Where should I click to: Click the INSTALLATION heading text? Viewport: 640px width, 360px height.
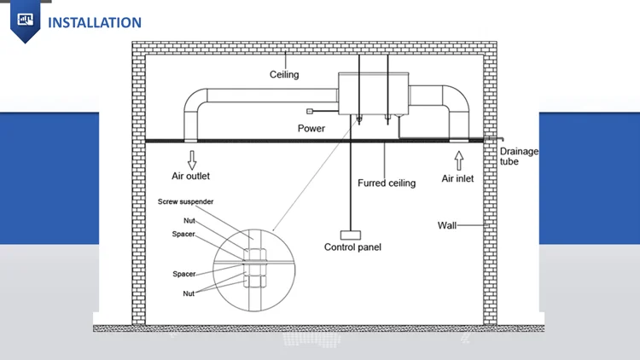[x=95, y=22]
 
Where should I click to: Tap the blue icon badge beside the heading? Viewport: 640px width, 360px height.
[x=26, y=21]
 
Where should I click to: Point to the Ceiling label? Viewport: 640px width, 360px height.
[x=284, y=75]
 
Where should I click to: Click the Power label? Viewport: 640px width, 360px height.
[x=311, y=129]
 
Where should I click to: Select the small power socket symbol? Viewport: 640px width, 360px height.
[x=310, y=111]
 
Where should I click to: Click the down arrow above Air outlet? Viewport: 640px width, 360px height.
[x=192, y=160]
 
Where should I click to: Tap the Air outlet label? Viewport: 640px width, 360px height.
[x=190, y=176]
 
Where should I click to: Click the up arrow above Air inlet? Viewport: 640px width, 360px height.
[x=459, y=160]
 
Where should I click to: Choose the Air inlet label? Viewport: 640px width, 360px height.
[x=457, y=178]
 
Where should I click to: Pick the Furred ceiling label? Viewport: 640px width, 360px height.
[x=387, y=183]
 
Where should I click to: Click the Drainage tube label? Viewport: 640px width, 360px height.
[x=519, y=156]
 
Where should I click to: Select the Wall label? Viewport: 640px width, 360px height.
[x=447, y=225]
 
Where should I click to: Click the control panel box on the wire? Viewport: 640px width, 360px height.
[x=351, y=235]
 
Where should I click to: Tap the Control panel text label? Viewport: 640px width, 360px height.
[x=352, y=247]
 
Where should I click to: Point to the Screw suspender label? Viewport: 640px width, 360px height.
[x=186, y=201]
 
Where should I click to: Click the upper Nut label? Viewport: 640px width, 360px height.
[x=189, y=221]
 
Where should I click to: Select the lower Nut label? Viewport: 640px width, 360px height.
[x=189, y=293]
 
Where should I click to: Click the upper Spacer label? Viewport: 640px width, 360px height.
[x=183, y=234]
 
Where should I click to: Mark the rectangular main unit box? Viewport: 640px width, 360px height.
[x=374, y=94]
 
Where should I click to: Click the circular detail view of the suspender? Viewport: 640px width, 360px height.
[x=254, y=229]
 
